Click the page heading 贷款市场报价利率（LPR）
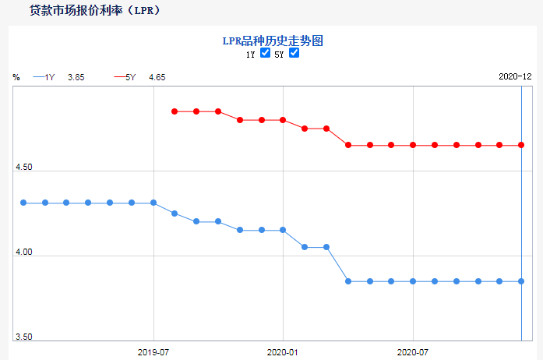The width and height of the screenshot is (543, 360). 96,11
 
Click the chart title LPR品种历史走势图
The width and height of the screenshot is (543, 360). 271,40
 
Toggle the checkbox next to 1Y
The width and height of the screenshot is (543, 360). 266,53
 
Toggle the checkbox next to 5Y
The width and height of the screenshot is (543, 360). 294,53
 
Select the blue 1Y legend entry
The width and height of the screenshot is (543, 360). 44,77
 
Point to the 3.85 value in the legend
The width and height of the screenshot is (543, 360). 76,77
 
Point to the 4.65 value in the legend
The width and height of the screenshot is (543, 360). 157,77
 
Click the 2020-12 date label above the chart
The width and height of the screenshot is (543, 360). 515,76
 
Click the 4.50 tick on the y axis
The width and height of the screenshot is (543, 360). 23,168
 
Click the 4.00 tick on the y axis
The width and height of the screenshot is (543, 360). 23,252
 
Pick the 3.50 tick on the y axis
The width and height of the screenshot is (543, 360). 23,337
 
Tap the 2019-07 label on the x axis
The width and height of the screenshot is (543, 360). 153,352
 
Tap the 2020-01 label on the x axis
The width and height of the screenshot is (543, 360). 283,352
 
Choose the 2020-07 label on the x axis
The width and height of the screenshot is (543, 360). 413,352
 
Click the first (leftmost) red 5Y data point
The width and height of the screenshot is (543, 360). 175,111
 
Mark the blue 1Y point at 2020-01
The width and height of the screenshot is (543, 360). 283,230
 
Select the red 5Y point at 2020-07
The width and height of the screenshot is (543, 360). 413,145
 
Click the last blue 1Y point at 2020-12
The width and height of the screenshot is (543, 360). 521,281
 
